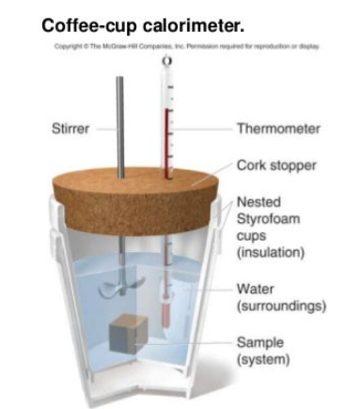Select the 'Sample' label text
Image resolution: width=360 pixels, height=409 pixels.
pyautogui.click(x=259, y=342)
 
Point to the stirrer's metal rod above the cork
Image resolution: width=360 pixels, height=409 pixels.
pyautogui.click(x=119, y=122)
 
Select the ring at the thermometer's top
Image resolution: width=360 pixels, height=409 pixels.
pyautogui.click(x=166, y=61)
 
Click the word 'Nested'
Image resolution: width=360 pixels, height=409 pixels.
pyautogui.click(x=258, y=201)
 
